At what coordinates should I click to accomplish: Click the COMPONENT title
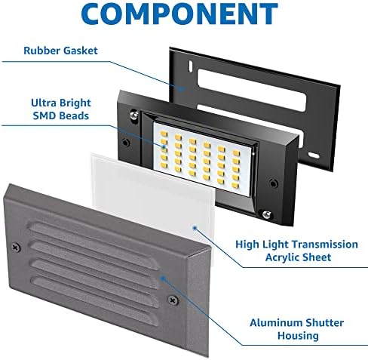coord(179,14)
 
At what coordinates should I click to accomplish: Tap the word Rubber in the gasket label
coord(41,51)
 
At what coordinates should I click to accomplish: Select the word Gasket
coord(80,51)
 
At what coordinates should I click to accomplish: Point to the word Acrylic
coord(282,257)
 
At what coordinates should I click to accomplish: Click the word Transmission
coord(325,245)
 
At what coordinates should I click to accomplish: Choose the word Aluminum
coord(275,323)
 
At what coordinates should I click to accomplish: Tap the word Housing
coord(298,336)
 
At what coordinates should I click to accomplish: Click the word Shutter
coord(324,323)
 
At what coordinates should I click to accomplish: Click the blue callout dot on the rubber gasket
coord(181,88)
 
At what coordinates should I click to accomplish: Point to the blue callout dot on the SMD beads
coord(164,146)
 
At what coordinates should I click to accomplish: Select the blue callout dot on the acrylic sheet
coord(195,228)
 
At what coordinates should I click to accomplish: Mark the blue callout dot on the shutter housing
coord(163,278)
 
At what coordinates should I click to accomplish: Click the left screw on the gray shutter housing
coord(17,248)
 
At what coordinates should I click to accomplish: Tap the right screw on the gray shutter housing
coord(173,300)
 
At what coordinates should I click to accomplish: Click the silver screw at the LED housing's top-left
coord(135,114)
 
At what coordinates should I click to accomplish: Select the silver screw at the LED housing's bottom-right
coord(267,214)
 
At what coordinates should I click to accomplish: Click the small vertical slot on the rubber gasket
coord(191,65)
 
